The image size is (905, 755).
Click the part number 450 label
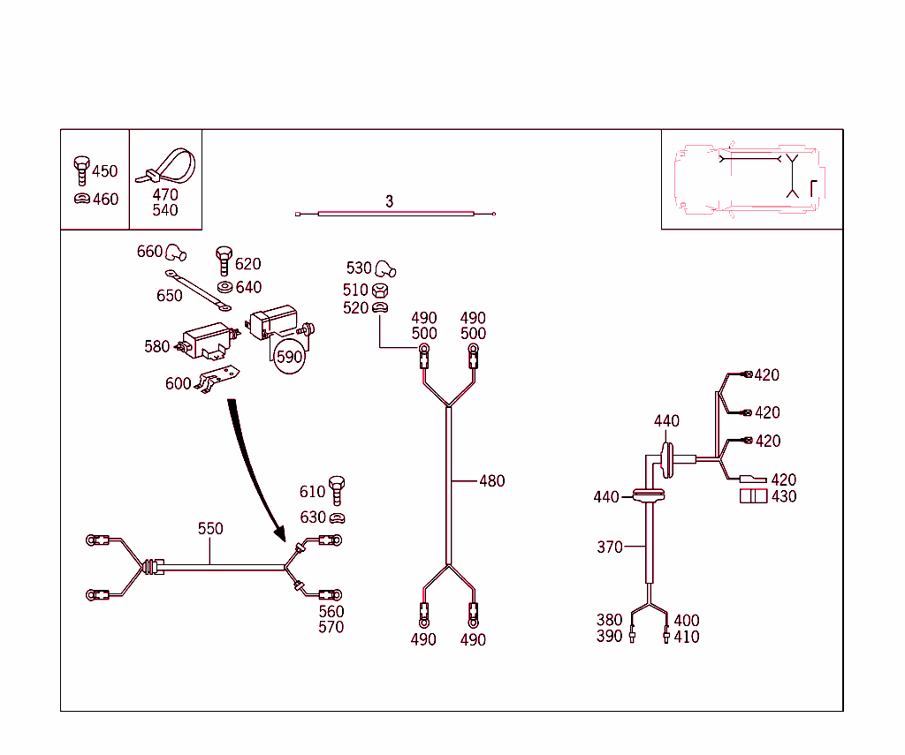[104, 171]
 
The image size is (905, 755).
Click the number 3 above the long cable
[389, 201]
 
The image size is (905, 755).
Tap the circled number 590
[289, 357]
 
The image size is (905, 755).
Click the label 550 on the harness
[210, 529]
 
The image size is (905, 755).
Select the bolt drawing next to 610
[337, 487]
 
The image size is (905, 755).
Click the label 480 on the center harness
[492, 481]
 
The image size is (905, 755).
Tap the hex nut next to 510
[381, 290]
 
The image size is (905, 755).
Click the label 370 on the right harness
[610, 547]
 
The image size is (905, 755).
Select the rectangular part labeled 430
[754, 496]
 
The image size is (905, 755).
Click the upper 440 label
[666, 421]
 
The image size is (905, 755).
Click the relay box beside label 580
[206, 342]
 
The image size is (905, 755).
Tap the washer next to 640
[224, 287]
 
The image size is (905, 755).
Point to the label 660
[149, 252]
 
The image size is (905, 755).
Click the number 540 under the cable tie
[164, 210]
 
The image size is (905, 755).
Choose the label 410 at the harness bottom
[687, 637]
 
